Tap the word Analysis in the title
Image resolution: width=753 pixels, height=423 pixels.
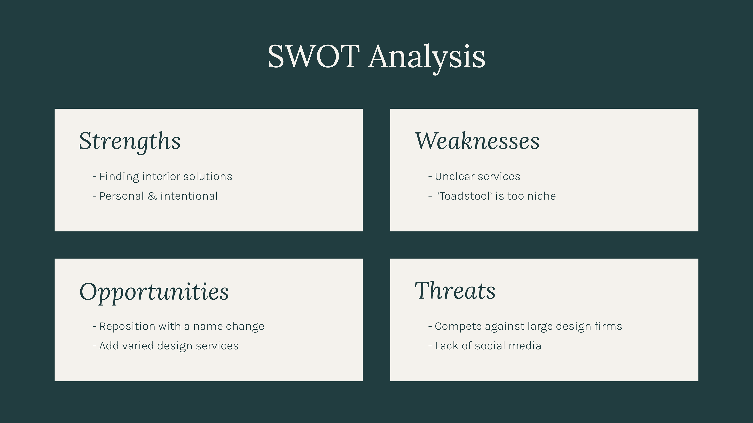427,58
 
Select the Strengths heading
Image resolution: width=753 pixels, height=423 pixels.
130,142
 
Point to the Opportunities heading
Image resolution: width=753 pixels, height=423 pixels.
154,293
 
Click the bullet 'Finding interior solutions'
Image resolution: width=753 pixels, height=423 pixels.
163,177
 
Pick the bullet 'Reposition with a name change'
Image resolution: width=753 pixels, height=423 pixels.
178,326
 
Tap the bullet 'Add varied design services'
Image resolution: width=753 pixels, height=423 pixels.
166,346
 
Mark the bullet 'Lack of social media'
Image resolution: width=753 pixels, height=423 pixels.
485,346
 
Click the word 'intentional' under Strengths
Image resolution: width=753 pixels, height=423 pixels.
189,196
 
